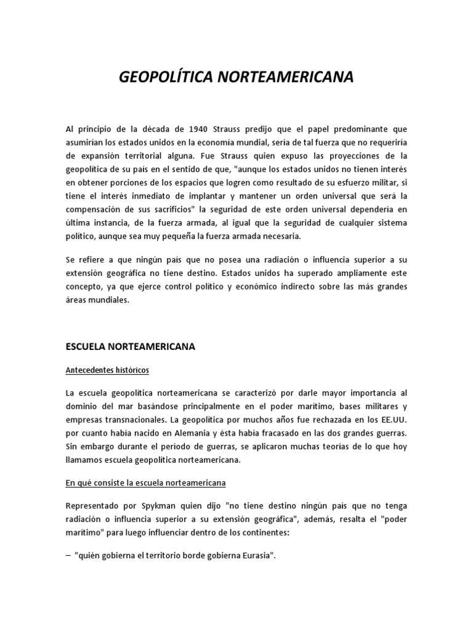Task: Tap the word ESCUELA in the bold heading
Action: [x=86, y=347]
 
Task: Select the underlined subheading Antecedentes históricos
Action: [x=107, y=370]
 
